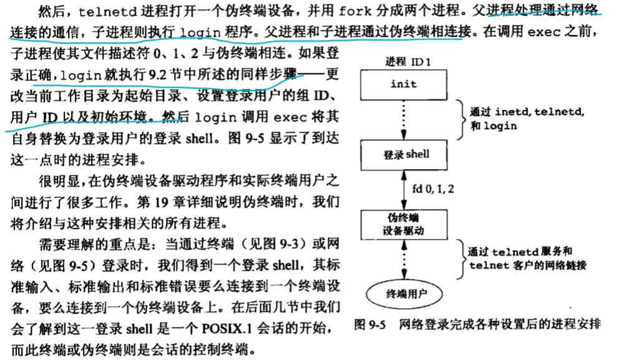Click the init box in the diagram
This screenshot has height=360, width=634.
click(x=403, y=84)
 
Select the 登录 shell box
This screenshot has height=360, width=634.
click(x=403, y=154)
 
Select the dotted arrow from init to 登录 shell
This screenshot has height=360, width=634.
click(x=403, y=119)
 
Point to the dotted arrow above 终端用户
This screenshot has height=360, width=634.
click(x=403, y=258)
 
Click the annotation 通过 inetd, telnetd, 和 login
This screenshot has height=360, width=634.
click(x=524, y=119)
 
